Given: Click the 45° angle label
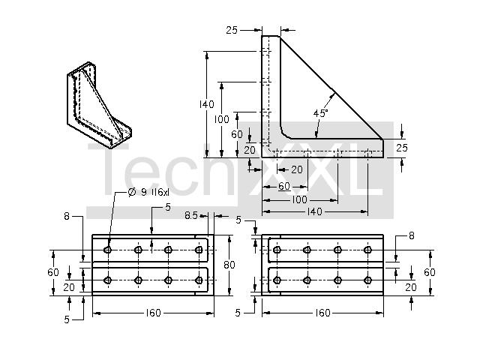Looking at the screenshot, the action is click(320, 113).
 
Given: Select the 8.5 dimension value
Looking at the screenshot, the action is click(191, 216).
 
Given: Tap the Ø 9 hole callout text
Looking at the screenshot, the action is click(148, 192).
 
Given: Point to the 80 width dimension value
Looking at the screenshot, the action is click(229, 265).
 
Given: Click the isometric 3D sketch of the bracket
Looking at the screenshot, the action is click(99, 105).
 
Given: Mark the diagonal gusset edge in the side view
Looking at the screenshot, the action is click(331, 88).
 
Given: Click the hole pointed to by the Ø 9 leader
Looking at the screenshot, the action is click(107, 250).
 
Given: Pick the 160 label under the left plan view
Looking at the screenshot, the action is click(153, 313).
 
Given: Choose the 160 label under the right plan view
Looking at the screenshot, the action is click(322, 313).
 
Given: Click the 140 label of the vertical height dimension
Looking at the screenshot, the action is click(207, 104).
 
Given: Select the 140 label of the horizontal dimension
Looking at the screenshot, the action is click(315, 211).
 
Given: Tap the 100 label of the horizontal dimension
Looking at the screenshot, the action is click(299, 199).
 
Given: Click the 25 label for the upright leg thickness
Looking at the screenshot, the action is click(232, 30).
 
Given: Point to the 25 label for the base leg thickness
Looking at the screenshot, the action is click(402, 148).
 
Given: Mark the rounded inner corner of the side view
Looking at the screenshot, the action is click(285, 133).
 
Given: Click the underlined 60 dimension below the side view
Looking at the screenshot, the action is click(284, 186).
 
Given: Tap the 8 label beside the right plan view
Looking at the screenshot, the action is click(412, 235).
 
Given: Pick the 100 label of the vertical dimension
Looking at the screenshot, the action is click(221, 119).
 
